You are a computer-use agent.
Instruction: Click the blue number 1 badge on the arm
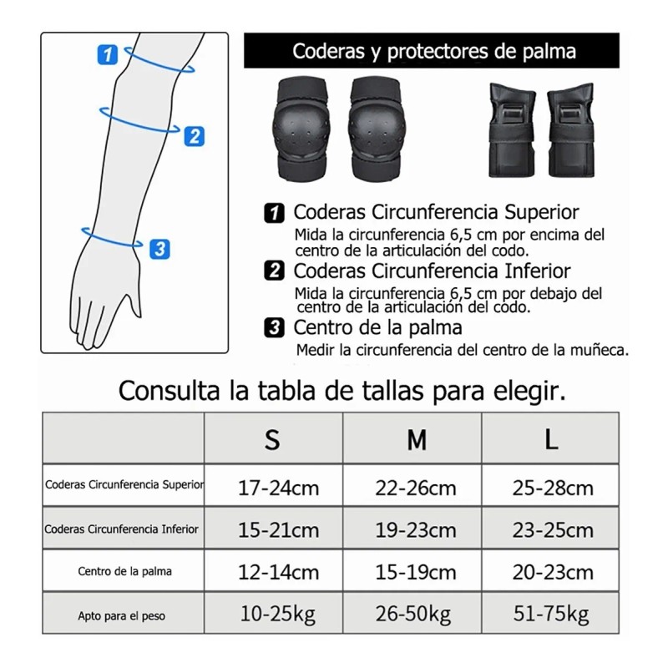tap(107, 55)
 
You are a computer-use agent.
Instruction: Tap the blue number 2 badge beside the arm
tap(194, 135)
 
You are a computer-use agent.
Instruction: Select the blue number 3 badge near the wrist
tap(160, 248)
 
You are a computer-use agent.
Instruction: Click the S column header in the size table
tap(272, 440)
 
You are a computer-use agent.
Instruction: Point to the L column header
tap(551, 440)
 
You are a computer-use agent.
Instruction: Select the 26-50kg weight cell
tap(414, 615)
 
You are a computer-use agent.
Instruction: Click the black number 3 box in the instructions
tap(272, 327)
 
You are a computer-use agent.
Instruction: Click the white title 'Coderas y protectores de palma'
tap(433, 52)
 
